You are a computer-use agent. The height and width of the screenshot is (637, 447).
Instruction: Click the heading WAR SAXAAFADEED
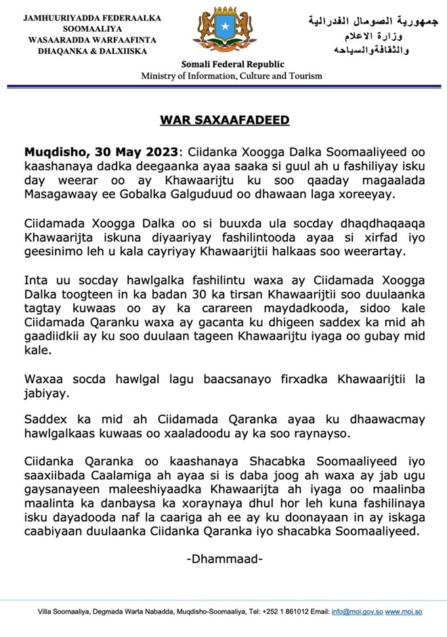click(224, 120)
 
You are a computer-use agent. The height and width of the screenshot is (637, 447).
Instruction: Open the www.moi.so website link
click(404, 612)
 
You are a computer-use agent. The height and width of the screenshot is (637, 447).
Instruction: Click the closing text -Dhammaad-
click(224, 559)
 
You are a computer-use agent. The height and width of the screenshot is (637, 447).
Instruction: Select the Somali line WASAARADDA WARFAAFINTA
click(83, 40)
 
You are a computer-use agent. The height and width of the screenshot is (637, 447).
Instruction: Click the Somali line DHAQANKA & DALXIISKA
click(83, 51)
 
